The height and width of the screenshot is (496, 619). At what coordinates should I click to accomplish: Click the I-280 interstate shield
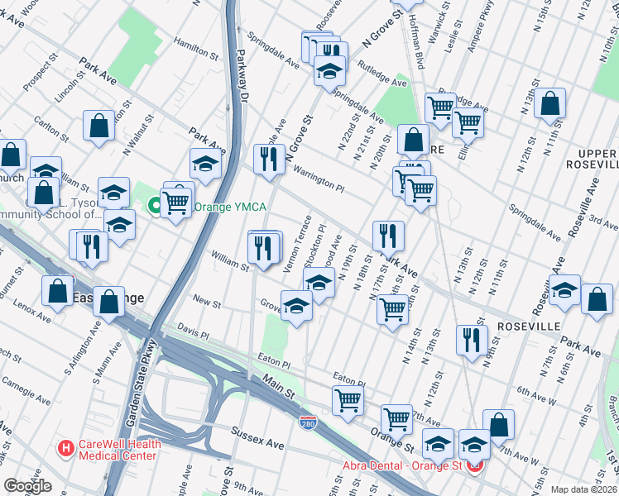[308, 422]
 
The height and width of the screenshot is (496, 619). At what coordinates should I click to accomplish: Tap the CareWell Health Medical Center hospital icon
[65, 450]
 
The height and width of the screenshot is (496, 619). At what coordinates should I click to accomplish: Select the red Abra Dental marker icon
[475, 465]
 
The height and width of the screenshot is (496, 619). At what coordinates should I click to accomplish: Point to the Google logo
[28, 486]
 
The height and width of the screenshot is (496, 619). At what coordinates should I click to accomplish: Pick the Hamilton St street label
[196, 49]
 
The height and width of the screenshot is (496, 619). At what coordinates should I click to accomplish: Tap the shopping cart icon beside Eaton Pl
[348, 399]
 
